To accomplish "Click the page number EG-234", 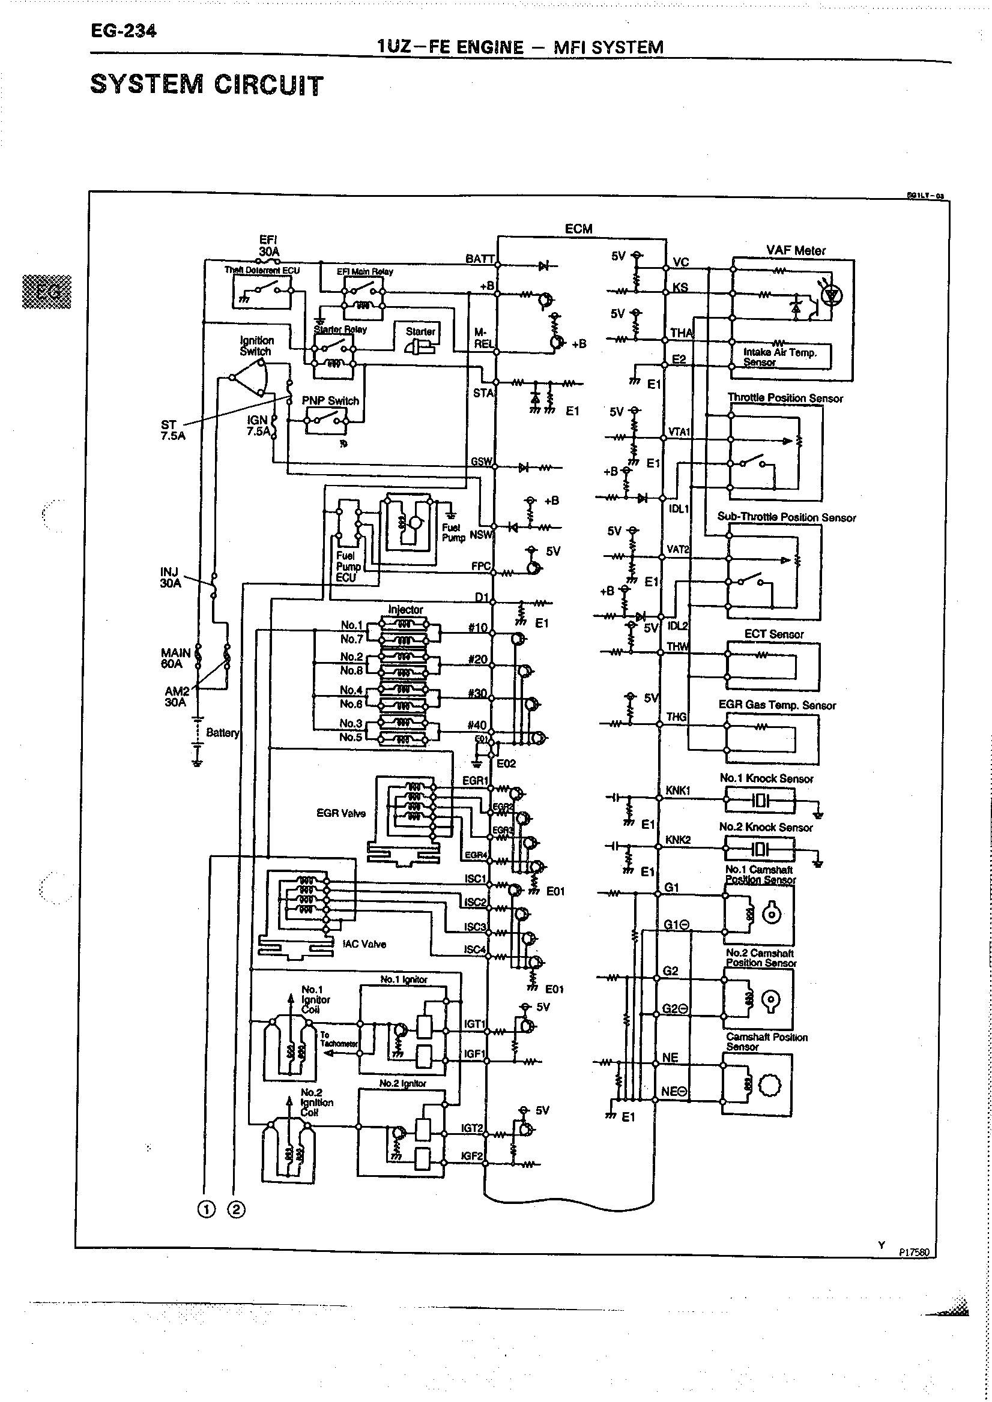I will click(123, 31).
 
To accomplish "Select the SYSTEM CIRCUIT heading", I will click(207, 85).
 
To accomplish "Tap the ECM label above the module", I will click(578, 229).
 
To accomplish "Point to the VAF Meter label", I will click(795, 250).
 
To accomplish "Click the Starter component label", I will click(420, 331).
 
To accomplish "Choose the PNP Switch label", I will click(330, 400).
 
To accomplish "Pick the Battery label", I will click(222, 732).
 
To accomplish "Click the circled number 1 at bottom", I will click(207, 1209).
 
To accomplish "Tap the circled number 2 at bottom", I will click(236, 1209).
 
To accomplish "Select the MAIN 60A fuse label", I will click(175, 658).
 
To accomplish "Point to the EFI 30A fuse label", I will click(269, 245).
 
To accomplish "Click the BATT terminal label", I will click(480, 259).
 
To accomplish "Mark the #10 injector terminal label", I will click(477, 628).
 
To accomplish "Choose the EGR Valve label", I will click(341, 813).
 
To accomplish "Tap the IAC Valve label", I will click(364, 944).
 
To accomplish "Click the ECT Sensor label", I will click(773, 634).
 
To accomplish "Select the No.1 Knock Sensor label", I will click(766, 778).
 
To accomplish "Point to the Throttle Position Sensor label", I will click(785, 398).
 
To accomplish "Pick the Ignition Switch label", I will click(256, 346).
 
